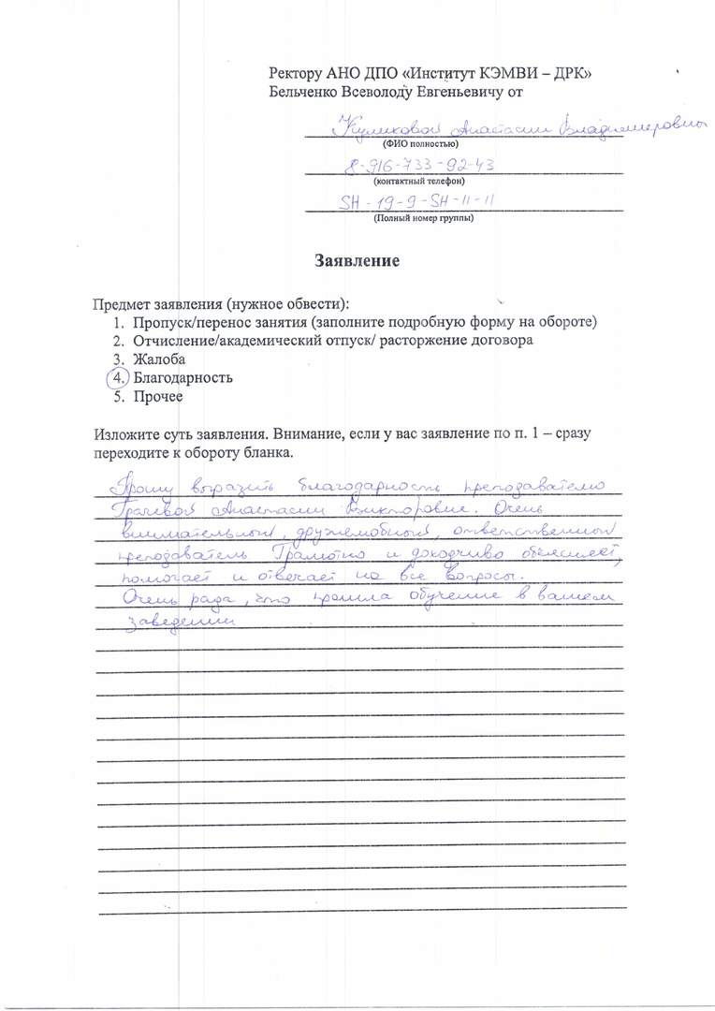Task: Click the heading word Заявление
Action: (357, 261)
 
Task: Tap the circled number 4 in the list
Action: (115, 378)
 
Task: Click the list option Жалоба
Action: (158, 359)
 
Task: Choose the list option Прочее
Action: (157, 397)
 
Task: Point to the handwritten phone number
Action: (420, 167)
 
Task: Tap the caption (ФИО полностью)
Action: (420, 145)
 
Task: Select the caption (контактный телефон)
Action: (419, 182)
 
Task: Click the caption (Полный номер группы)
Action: (423, 218)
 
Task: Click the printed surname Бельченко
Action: (303, 92)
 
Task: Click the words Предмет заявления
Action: (154, 304)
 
